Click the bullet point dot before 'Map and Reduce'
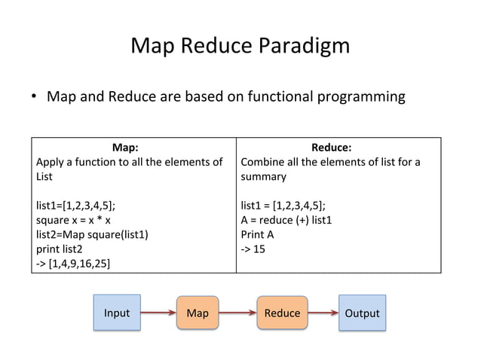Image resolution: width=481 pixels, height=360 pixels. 35,98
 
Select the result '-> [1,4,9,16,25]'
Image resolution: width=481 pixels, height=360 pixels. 77,263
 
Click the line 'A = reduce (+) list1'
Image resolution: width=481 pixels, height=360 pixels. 286,220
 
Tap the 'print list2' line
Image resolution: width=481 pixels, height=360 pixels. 60,249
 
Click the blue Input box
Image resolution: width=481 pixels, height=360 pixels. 117,313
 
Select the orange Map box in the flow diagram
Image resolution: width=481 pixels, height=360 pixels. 197,313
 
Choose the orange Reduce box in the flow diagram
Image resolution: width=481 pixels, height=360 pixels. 282,313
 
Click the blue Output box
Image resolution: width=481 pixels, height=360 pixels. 362,313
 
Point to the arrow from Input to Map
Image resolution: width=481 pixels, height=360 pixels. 158,313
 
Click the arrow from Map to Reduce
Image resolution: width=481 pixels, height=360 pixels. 238,313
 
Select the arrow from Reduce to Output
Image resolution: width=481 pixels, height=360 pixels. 323,313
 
